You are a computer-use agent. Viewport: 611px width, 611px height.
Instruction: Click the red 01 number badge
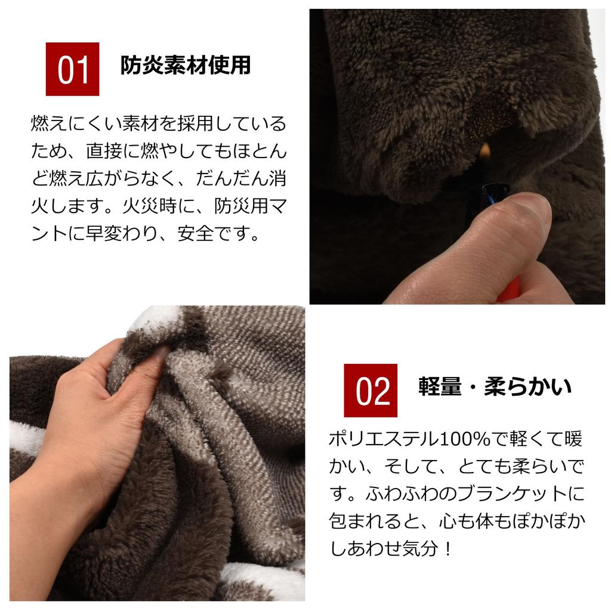pyautogui.click(x=72, y=69)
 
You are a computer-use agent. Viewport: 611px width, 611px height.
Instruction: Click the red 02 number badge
pyautogui.click(x=370, y=390)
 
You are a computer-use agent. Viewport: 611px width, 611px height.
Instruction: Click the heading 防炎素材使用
pyautogui.click(x=185, y=65)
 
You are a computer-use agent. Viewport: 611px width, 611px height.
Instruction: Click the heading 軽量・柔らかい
pyautogui.click(x=495, y=387)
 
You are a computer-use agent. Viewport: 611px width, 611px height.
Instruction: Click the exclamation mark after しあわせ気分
pyautogui.click(x=448, y=549)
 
